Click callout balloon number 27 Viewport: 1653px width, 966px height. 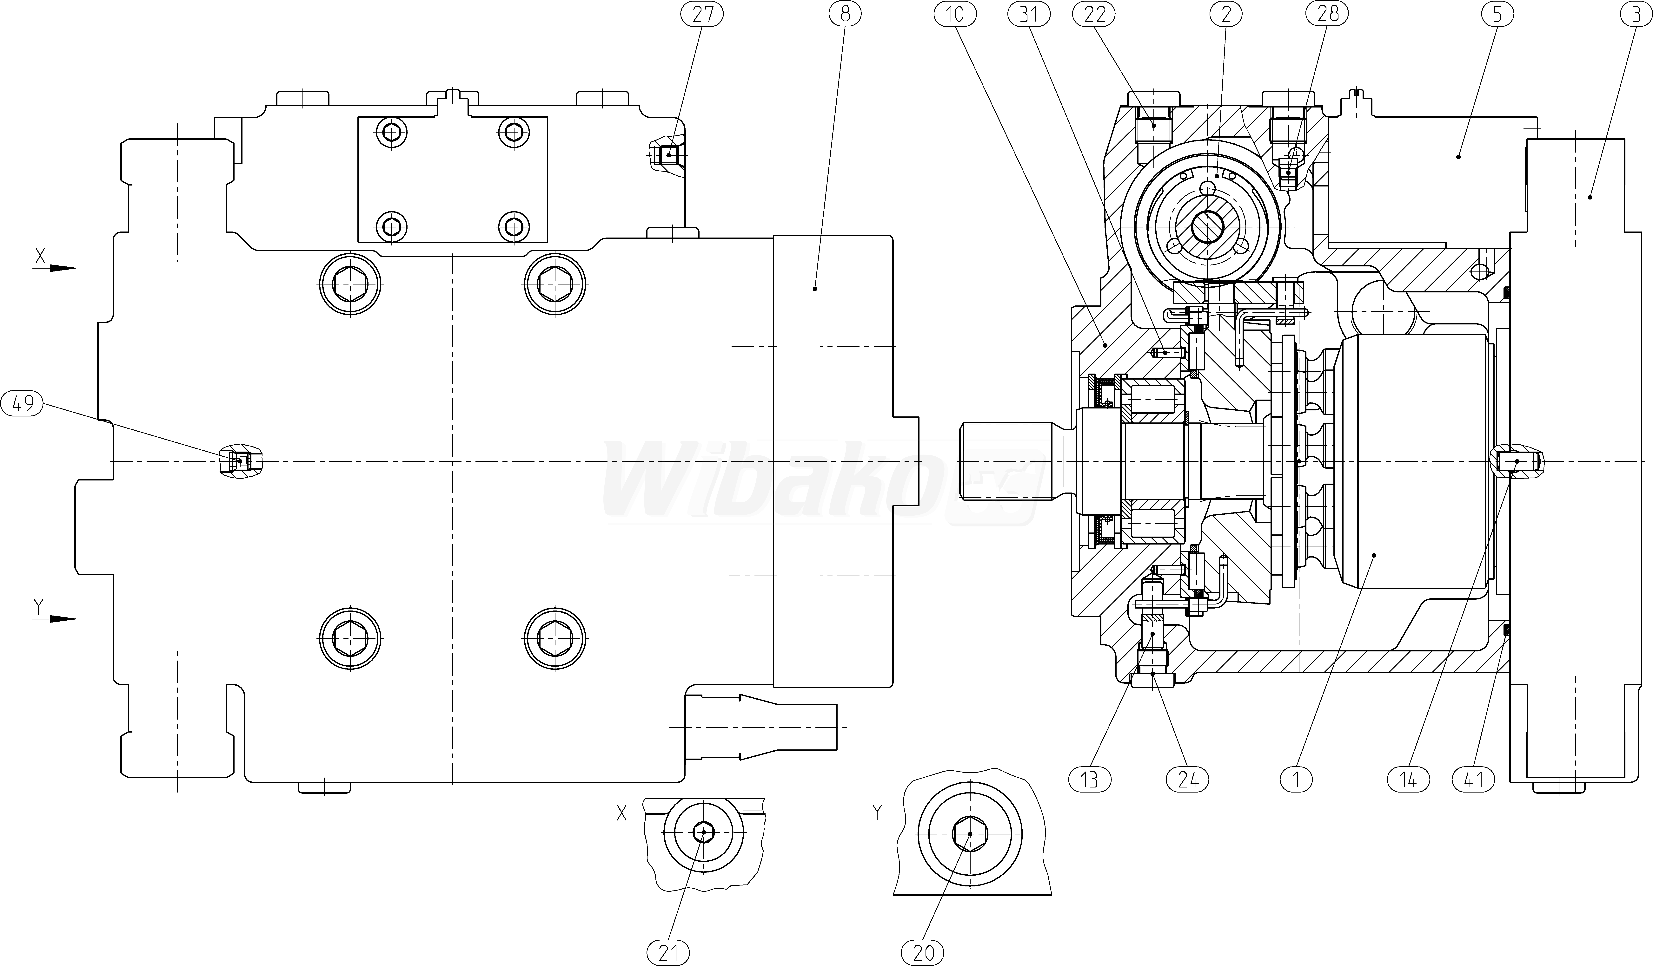click(x=702, y=14)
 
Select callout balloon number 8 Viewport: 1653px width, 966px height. click(x=845, y=14)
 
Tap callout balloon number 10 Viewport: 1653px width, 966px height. click(x=955, y=14)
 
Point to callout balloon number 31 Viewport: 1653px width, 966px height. click(x=1029, y=14)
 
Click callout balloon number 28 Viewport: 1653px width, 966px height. click(x=1328, y=14)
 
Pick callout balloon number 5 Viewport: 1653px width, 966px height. click(x=1497, y=14)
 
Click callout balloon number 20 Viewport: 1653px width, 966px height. click(x=924, y=952)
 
